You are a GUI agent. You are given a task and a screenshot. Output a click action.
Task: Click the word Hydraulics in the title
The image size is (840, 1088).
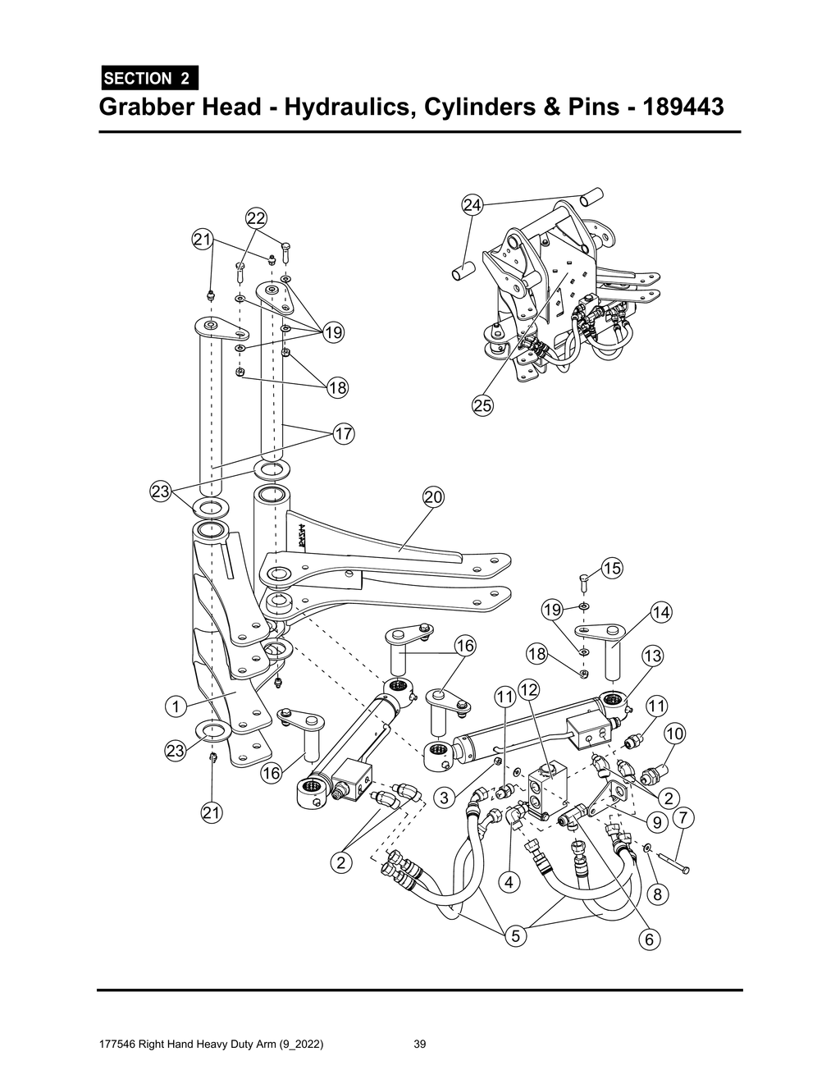[x=348, y=107]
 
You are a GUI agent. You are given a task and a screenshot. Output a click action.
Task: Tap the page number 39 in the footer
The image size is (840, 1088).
[x=420, y=1045]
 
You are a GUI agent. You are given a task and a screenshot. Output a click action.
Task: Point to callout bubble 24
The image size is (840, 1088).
[x=472, y=205]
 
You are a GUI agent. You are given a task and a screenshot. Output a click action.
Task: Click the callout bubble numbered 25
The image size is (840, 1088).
[x=482, y=405]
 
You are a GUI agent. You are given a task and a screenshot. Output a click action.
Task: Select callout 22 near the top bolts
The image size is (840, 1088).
[x=256, y=218]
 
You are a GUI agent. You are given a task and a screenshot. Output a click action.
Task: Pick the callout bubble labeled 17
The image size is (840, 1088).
[x=343, y=433]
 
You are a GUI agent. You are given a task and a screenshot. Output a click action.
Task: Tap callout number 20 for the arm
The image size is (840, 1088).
[x=433, y=497]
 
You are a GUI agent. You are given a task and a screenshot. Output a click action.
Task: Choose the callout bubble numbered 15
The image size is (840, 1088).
[x=612, y=568]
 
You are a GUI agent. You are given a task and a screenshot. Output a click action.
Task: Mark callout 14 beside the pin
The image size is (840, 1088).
[x=661, y=612]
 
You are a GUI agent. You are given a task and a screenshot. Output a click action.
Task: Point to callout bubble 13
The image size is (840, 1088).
[x=653, y=656]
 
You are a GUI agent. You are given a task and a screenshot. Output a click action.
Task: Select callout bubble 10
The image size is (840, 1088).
[x=674, y=734]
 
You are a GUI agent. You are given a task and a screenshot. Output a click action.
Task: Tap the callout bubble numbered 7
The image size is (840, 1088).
[x=684, y=818]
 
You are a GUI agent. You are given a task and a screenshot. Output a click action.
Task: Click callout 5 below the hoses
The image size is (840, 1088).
[x=515, y=935]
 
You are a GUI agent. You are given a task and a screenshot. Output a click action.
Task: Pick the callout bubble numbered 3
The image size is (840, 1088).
[x=444, y=797]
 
